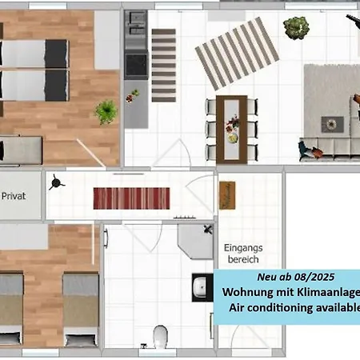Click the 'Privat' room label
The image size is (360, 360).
(14, 196)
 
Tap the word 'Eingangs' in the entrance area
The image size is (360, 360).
(243, 248)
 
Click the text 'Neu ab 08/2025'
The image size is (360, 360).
(296, 277)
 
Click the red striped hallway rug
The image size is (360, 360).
(131, 198)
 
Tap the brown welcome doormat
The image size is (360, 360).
(227, 195)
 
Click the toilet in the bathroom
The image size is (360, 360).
(161, 337)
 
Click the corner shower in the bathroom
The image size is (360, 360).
(196, 242)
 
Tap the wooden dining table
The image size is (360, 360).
(232, 130)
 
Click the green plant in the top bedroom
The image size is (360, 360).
(106, 112)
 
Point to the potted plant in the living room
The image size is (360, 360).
(296, 28)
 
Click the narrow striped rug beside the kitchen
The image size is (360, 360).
(164, 66)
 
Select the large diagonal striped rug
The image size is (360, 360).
(237, 54)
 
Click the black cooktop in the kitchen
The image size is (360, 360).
(137, 65)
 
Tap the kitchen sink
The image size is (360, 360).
(136, 24)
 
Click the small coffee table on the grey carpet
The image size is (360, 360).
(332, 124)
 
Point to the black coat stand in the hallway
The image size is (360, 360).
(56, 182)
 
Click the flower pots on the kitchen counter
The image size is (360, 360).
(133, 96)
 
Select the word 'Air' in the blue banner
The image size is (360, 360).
(237, 308)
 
